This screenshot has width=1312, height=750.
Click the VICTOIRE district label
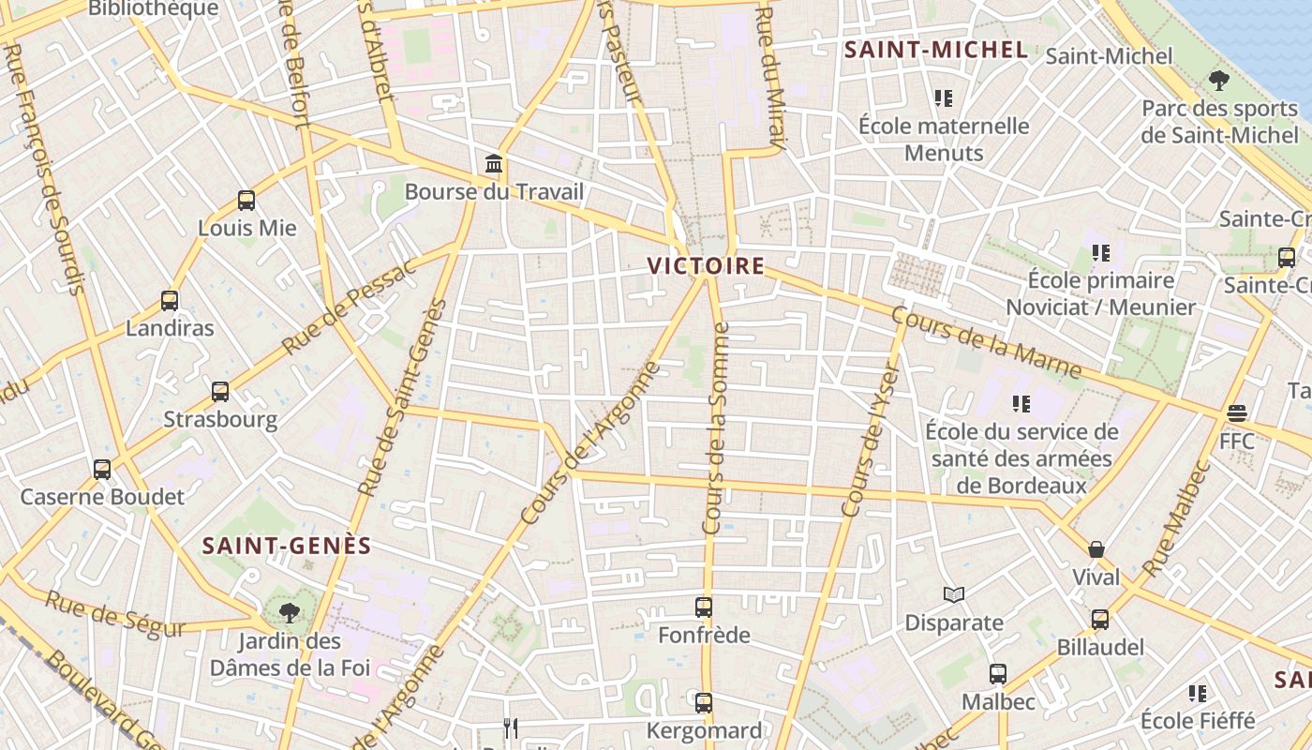[706, 266]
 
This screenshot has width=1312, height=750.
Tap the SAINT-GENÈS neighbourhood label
[287, 546]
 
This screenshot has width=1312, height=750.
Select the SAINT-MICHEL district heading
[936, 51]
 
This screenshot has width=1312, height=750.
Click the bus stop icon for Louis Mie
[246, 201]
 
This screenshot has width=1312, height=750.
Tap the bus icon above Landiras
[170, 301]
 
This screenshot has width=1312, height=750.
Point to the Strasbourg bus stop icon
[220, 392]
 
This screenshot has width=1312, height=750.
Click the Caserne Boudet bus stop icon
[102, 470]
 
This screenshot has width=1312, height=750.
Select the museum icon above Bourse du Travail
[494, 165]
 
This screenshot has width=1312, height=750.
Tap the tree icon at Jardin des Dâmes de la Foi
[289, 614]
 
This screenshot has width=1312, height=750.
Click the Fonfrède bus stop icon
[704, 607]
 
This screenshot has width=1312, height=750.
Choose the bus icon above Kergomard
[704, 702]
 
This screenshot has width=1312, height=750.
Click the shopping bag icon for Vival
[1096, 549]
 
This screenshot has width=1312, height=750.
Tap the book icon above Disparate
[954, 594]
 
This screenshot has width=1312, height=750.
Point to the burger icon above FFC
[1237, 413]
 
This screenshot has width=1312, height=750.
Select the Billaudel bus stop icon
[1100, 620]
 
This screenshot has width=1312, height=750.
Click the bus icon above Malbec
[998, 674]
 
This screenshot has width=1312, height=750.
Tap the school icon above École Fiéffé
[1198, 694]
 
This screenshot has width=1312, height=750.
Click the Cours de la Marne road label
[986, 343]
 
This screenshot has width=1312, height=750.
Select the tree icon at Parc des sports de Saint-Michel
[1219, 81]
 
